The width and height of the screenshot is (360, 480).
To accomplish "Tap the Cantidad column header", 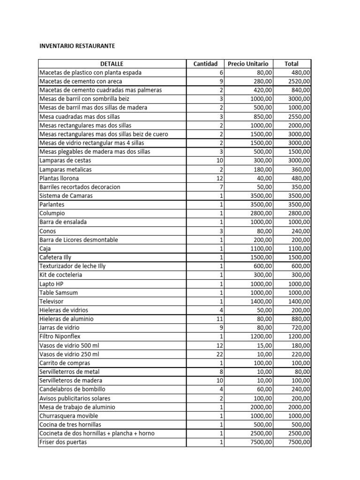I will click(x=205, y=64).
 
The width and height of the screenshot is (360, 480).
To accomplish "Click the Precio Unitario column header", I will click(x=248, y=64).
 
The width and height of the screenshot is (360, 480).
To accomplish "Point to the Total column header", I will click(x=291, y=64).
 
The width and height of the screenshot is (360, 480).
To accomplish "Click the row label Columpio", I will click(x=52, y=213).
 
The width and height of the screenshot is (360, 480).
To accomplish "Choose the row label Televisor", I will click(x=52, y=301).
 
